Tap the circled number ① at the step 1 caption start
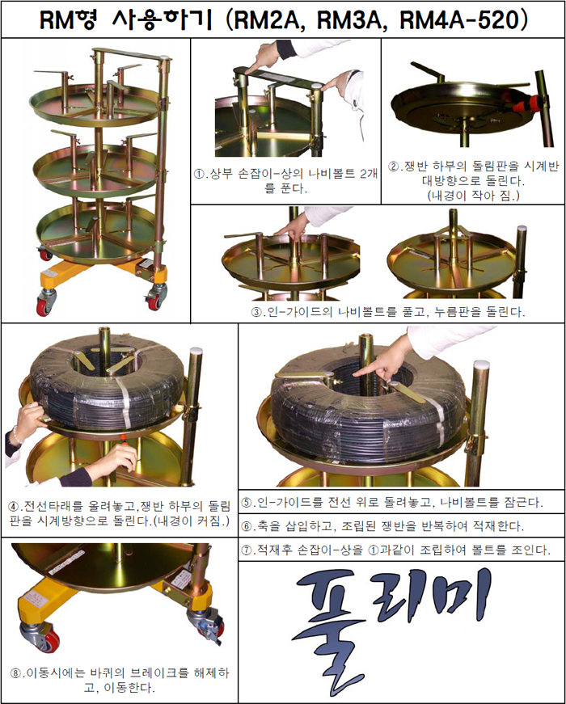click(199, 175)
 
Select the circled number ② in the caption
click(394, 167)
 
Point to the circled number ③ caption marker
click(256, 312)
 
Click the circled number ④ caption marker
click(13, 507)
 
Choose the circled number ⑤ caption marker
click(247, 503)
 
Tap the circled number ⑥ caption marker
click(247, 525)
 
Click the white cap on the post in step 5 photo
click(481, 364)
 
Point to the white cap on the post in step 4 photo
click(196, 351)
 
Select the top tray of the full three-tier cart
click(95, 104)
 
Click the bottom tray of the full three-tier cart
click(96, 232)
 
